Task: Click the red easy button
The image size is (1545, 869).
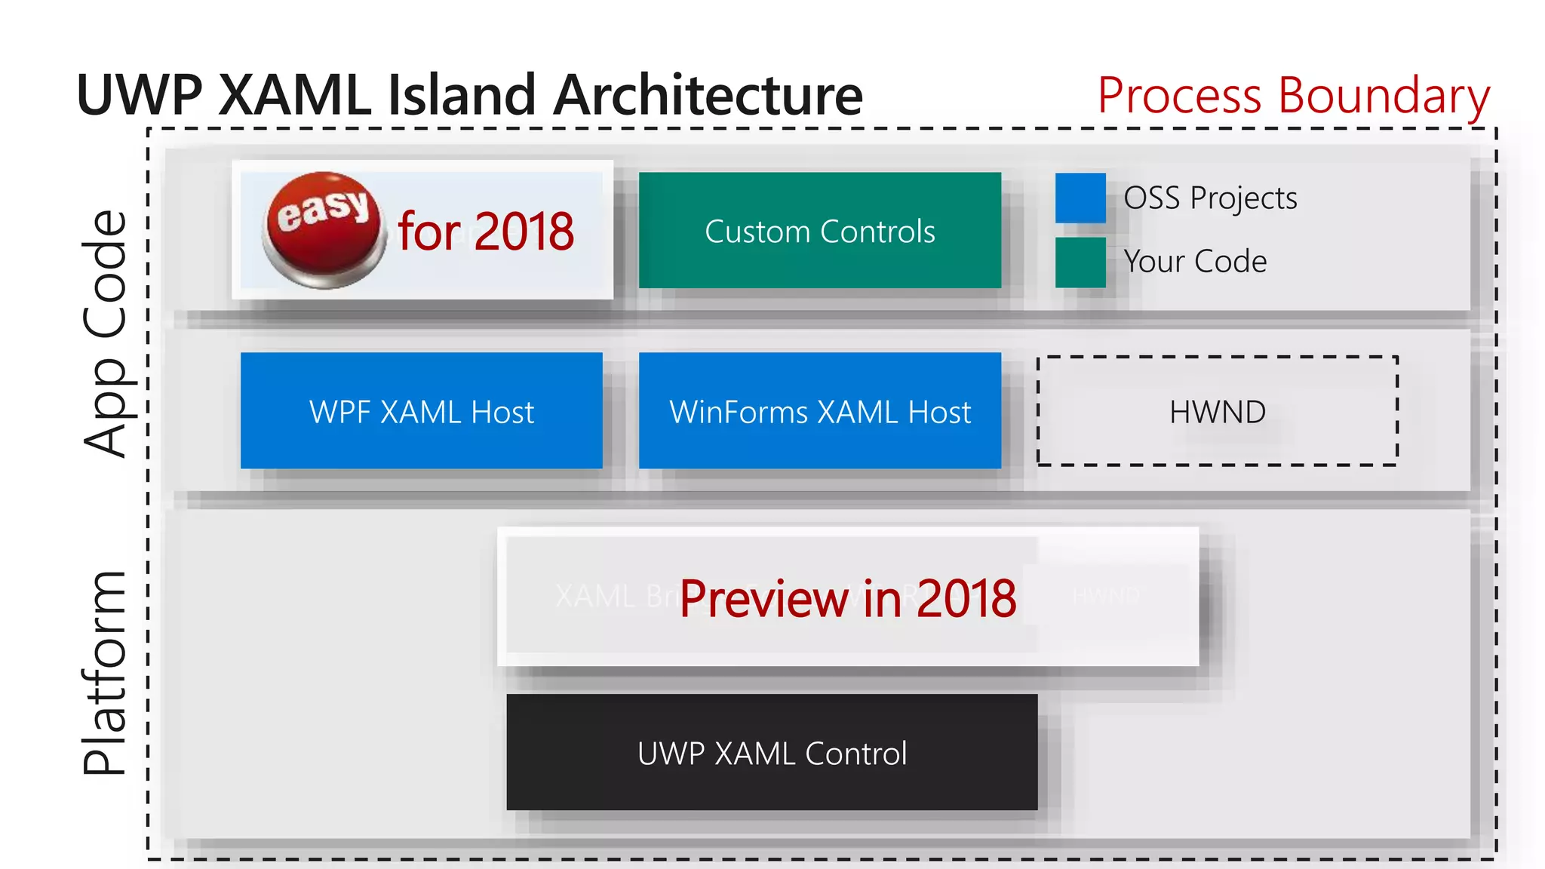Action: pyautogui.click(x=324, y=229)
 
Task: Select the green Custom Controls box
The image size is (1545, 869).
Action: pyautogui.click(x=820, y=230)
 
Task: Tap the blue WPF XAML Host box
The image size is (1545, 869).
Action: pyautogui.click(x=421, y=410)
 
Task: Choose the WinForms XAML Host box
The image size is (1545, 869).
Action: pyautogui.click(x=820, y=410)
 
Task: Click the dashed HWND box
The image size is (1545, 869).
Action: pyautogui.click(x=1217, y=411)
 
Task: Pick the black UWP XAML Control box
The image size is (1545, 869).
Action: pyautogui.click(x=772, y=752)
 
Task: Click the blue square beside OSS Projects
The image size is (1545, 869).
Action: pyautogui.click(x=1080, y=198)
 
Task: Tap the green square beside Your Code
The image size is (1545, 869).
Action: pyautogui.click(x=1080, y=262)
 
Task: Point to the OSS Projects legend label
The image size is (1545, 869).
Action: pyautogui.click(x=1210, y=198)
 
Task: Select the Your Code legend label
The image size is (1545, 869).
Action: pyautogui.click(x=1195, y=262)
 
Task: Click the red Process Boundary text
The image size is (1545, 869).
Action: pyautogui.click(x=1293, y=96)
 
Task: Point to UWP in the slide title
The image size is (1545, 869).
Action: pyautogui.click(x=140, y=96)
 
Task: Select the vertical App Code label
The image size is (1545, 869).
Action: pyautogui.click(x=106, y=333)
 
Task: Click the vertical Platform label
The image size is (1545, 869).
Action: pyautogui.click(x=106, y=673)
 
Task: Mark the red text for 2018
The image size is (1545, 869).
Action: pyautogui.click(x=486, y=231)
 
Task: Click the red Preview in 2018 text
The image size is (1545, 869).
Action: pyautogui.click(x=847, y=599)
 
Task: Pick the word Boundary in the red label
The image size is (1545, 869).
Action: pyautogui.click(x=1384, y=96)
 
